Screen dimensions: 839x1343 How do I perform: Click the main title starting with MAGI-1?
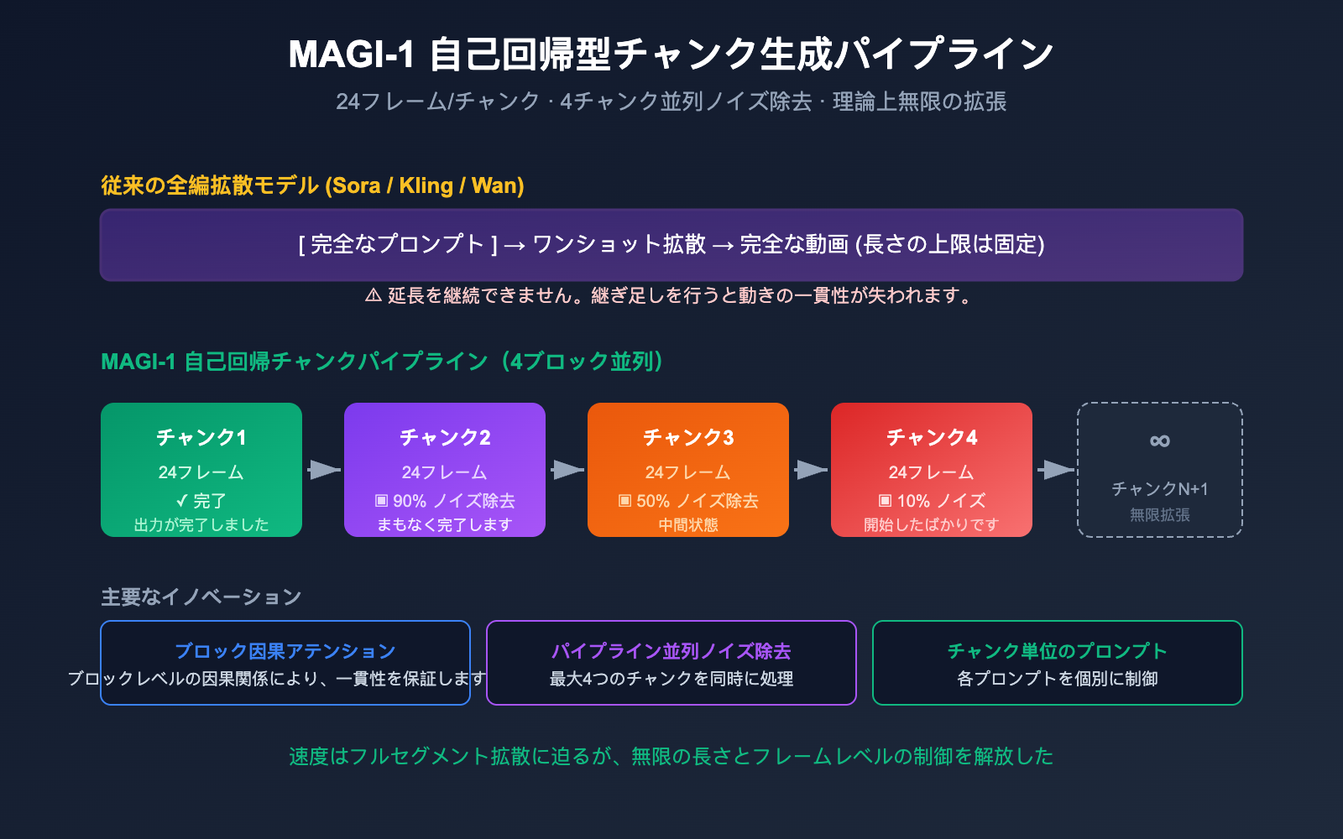671,55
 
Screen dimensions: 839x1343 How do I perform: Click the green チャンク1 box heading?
201,437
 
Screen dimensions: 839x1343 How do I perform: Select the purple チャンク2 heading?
445,437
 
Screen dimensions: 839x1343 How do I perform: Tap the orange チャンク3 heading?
688,437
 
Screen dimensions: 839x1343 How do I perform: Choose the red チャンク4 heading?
932,437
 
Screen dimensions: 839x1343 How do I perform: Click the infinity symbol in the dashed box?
1159,440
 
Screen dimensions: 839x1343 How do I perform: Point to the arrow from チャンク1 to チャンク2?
323,470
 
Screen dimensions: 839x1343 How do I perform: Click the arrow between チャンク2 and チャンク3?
567,470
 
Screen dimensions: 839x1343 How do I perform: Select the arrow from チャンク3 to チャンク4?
810,470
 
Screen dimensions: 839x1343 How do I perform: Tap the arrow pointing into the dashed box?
1055,470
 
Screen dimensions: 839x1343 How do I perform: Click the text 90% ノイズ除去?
445,501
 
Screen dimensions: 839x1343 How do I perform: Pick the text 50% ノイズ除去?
688,501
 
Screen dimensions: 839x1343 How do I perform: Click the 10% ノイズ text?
932,501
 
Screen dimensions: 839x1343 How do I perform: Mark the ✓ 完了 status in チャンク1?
201,501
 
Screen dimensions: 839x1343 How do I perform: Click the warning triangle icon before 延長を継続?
374,295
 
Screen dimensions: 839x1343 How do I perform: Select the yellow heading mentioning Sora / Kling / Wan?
312,185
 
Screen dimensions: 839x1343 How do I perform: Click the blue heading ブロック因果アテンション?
285,651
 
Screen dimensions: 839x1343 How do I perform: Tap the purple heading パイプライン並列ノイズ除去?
671,651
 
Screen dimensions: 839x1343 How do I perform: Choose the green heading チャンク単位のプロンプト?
1058,651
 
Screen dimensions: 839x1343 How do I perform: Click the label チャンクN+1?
1159,489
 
